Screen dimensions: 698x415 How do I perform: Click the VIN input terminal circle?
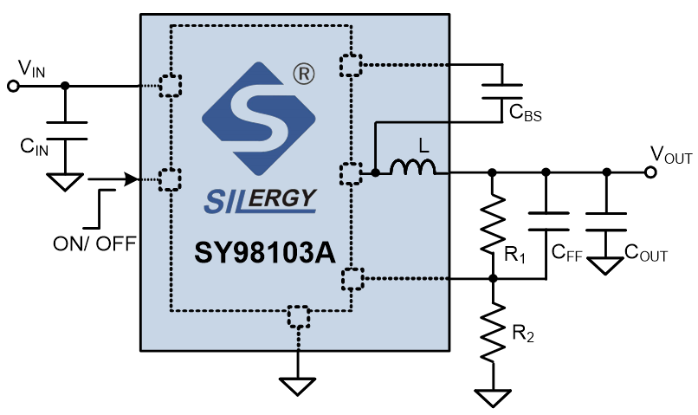point(13,86)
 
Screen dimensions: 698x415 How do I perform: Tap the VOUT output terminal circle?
point(650,172)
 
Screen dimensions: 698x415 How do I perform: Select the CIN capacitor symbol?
point(67,131)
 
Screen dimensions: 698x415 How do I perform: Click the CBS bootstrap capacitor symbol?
point(502,91)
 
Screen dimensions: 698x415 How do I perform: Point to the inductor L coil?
point(413,167)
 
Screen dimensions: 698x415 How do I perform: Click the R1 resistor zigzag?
point(493,224)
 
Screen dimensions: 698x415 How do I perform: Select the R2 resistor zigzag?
point(493,332)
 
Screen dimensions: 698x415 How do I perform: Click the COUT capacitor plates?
point(606,222)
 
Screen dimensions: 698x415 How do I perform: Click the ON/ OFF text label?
point(94,244)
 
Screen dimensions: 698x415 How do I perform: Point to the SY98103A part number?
point(265,253)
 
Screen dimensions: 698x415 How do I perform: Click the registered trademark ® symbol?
point(304,74)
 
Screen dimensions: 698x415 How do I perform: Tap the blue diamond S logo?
point(259,119)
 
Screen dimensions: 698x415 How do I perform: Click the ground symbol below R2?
point(493,398)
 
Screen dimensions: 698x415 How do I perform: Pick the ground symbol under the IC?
point(297,386)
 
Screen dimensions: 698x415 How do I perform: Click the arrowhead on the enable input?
point(132,179)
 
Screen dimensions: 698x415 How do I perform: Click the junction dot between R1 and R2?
point(493,279)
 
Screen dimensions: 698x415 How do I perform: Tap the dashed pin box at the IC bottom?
point(298,316)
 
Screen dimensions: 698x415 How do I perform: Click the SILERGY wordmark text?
point(261,200)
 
